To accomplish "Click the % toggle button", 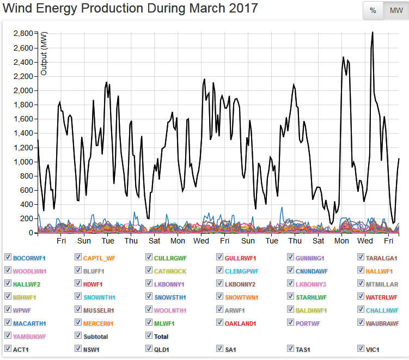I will point(373,10).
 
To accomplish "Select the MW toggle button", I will point(396,10).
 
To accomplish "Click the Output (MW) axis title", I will point(45,53).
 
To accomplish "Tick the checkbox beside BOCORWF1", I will point(8,257).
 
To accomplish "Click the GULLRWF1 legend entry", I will point(240,258).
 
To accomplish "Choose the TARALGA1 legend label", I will point(382,258).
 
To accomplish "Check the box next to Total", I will point(149,336).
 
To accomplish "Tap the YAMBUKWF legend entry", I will point(29,337).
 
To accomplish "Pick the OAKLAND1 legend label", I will point(240,324).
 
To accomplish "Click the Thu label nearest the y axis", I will point(131,241).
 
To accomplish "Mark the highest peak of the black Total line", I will point(373,32).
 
